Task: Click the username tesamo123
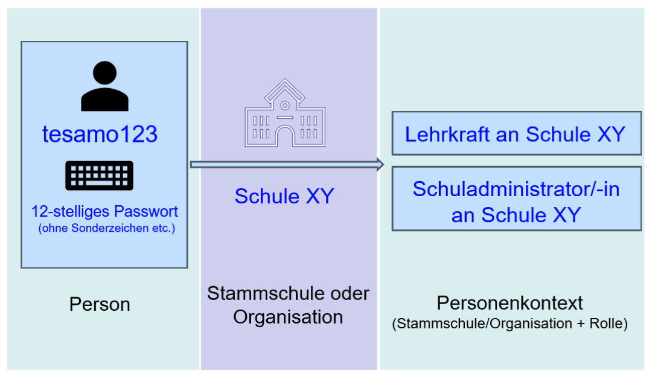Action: tap(100, 134)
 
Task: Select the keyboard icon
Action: tap(99, 176)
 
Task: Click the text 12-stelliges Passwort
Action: tap(105, 212)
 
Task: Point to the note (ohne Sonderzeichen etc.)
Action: tap(106, 228)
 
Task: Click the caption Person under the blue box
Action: tap(100, 304)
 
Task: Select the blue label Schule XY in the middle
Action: tap(284, 196)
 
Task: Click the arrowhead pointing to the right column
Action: tap(380, 164)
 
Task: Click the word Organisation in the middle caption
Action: tap(288, 317)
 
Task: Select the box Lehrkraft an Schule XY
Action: tap(516, 133)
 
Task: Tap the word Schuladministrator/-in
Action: tap(516, 189)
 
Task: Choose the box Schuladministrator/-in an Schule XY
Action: tap(516, 199)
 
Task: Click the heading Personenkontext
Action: tap(510, 302)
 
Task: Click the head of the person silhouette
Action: tap(104, 74)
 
